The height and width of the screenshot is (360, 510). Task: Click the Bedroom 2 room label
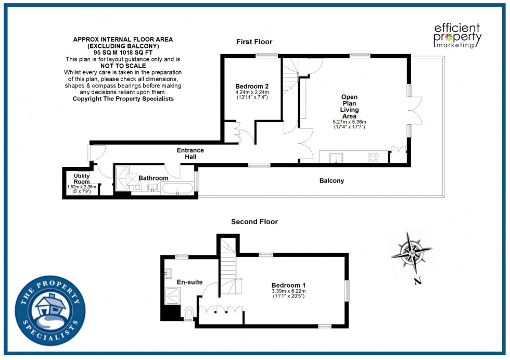[251, 86]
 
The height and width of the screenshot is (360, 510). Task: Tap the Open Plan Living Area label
[349, 107]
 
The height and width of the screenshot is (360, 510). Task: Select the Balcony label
[331, 181]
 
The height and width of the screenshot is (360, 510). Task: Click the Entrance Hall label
[190, 153]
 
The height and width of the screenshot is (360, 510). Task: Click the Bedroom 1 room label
[288, 285]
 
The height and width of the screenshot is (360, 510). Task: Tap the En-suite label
[189, 282]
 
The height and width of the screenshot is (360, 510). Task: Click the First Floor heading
[254, 42]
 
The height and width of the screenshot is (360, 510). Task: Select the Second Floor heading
[254, 222]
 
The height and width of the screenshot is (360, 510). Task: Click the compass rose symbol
[411, 253]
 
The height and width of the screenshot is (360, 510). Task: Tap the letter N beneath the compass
[417, 282]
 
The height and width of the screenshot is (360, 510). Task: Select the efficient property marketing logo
[458, 35]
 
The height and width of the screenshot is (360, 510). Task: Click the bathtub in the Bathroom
[177, 188]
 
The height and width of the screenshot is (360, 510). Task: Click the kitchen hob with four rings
[373, 157]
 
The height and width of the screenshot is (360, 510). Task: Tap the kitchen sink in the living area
[337, 157]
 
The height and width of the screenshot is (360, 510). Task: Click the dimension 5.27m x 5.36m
[349, 122]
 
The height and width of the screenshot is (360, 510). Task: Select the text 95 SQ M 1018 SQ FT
[123, 53]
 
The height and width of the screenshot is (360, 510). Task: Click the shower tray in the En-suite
[171, 297]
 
